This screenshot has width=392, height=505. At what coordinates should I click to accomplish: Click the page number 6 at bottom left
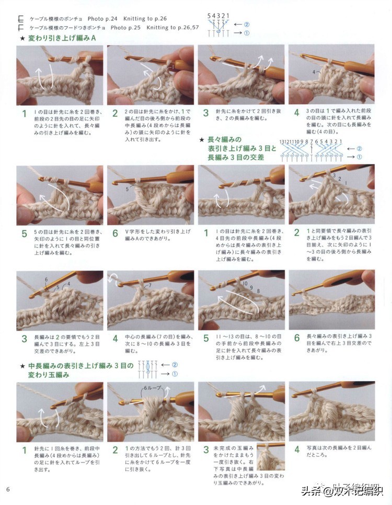(8, 489)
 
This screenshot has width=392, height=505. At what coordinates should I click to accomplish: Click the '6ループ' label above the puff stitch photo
(152, 388)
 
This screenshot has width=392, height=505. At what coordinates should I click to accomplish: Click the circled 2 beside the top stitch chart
(246, 24)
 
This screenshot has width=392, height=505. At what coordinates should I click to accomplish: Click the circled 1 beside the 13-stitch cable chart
(359, 156)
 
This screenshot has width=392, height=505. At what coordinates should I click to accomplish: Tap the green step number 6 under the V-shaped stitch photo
(114, 233)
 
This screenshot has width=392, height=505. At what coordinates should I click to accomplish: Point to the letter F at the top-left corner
(20, 27)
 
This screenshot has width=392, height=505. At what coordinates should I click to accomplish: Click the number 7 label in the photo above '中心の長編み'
(149, 285)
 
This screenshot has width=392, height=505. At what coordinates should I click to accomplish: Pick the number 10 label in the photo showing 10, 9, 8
(245, 283)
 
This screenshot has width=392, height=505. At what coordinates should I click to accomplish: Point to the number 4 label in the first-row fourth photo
(314, 71)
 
